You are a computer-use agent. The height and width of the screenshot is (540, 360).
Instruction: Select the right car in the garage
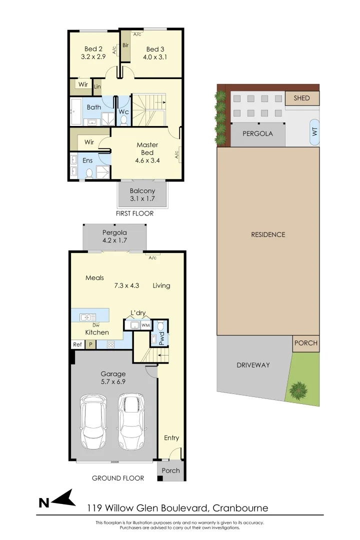[131, 421]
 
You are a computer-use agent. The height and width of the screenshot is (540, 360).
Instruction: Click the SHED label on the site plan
[301, 98]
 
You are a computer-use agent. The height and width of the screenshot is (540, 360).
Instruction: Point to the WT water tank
[314, 132]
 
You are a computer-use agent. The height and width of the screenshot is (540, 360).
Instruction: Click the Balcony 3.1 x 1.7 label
[142, 194]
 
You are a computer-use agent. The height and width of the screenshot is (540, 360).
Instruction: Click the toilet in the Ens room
[89, 173]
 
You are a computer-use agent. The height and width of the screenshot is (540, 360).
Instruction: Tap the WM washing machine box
[145, 326]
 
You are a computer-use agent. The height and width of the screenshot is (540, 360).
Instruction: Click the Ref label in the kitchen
[77, 344]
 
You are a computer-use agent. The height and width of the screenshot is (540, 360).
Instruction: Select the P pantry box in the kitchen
[90, 344]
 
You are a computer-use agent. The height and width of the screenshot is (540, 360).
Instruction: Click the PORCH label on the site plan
[305, 343]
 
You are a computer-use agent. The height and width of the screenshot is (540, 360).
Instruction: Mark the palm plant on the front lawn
[299, 388]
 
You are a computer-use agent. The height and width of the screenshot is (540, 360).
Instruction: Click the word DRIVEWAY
[253, 365]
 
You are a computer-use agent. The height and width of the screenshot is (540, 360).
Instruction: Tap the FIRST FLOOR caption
[135, 213]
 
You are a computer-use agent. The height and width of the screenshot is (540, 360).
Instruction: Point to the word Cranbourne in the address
[240, 508]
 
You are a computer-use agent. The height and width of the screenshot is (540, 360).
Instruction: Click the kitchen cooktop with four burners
[111, 344]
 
